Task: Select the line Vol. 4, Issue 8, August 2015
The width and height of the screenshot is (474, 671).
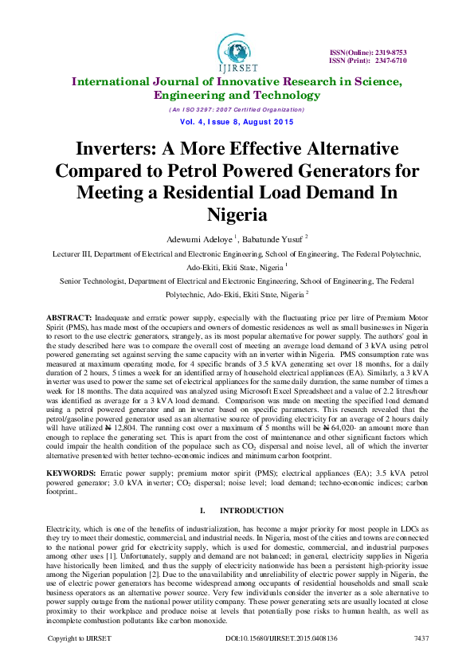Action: pyautogui.click(x=236, y=122)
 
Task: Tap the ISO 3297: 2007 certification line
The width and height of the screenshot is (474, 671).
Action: pyautogui.click(x=236, y=108)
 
